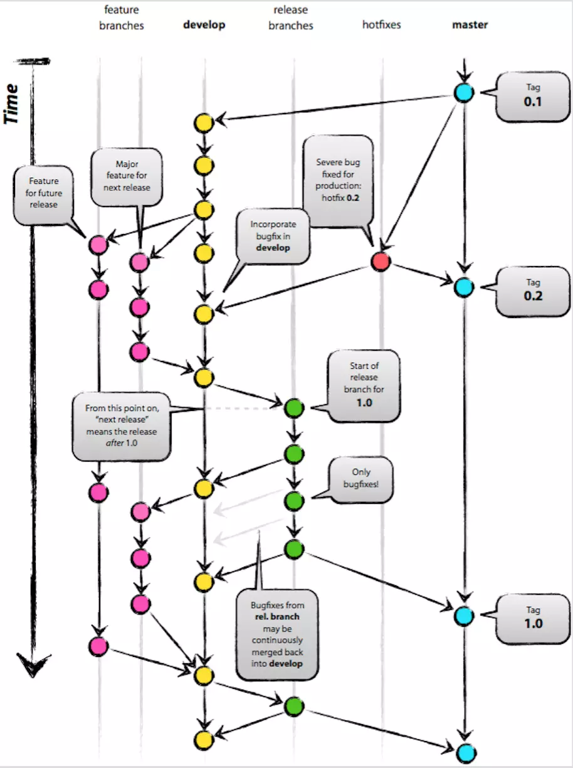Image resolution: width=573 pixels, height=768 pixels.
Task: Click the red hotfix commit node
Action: [381, 262]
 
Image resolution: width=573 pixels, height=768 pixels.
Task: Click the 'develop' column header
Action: [204, 25]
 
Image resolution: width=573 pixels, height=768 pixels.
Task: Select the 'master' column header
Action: [470, 25]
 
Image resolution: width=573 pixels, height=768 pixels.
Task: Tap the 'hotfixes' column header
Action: [381, 25]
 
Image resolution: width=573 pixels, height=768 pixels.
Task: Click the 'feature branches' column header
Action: [121, 18]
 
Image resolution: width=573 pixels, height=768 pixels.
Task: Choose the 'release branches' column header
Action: [290, 18]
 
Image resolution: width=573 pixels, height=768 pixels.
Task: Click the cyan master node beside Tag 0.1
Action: [464, 93]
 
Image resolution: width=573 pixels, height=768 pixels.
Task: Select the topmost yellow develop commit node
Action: [203, 123]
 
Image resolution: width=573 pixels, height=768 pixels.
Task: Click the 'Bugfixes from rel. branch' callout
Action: [277, 634]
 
